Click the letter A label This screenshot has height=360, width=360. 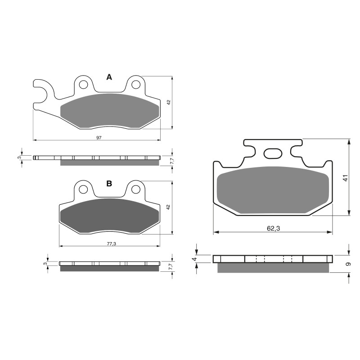pos(109,77)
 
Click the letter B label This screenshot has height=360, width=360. pos(109,184)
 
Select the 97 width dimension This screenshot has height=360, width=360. pos(99,137)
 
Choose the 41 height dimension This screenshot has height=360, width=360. pos(346,178)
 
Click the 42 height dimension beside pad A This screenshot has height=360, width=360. pos(168,102)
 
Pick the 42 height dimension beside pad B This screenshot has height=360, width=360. pos(168,207)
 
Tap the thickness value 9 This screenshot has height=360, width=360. pos(348,265)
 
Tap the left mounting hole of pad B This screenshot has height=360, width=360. pos(83,190)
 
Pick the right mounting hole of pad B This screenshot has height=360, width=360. pos(136,190)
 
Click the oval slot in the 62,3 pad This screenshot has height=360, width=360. pos(272,154)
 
